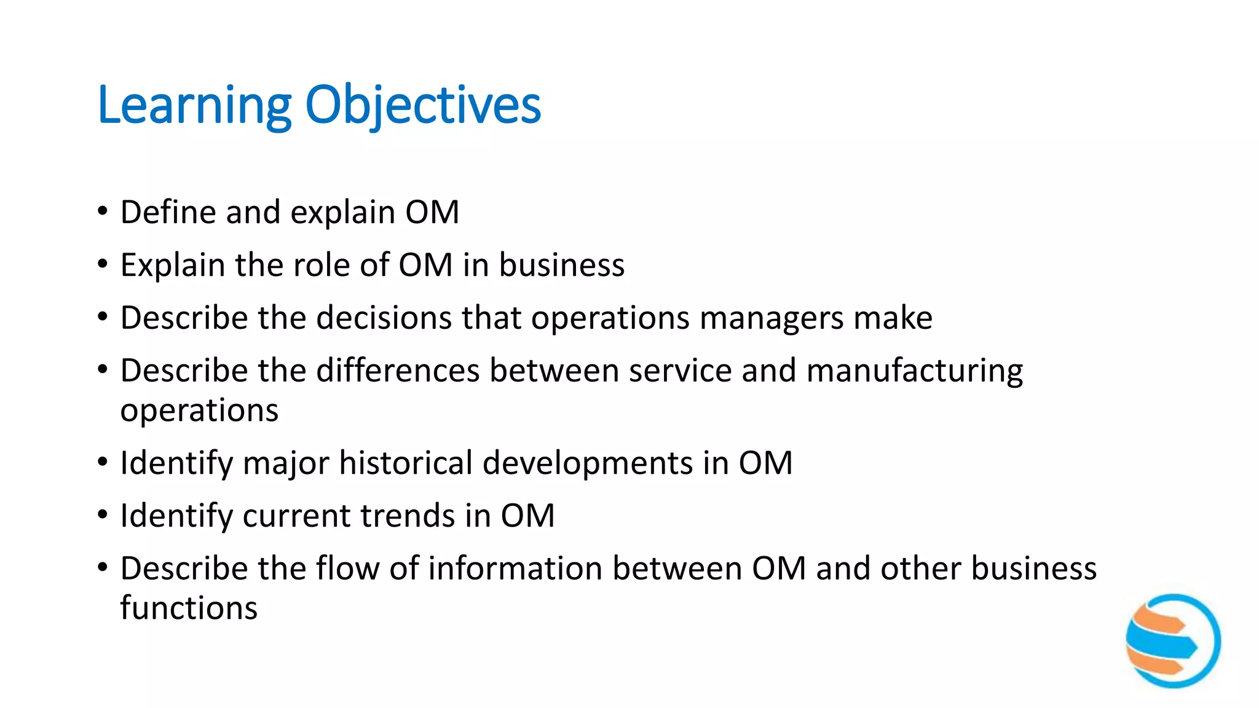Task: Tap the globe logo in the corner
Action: click(x=1173, y=640)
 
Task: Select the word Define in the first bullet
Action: click(x=168, y=213)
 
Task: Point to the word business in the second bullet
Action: click(x=561, y=265)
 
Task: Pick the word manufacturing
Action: click(x=914, y=371)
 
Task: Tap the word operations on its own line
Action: click(x=199, y=411)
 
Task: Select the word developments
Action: click(x=588, y=463)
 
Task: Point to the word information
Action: click(x=515, y=569)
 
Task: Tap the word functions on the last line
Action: click(x=189, y=608)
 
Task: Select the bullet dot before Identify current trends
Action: click(x=103, y=515)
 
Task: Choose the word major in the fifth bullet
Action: click(x=286, y=463)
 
